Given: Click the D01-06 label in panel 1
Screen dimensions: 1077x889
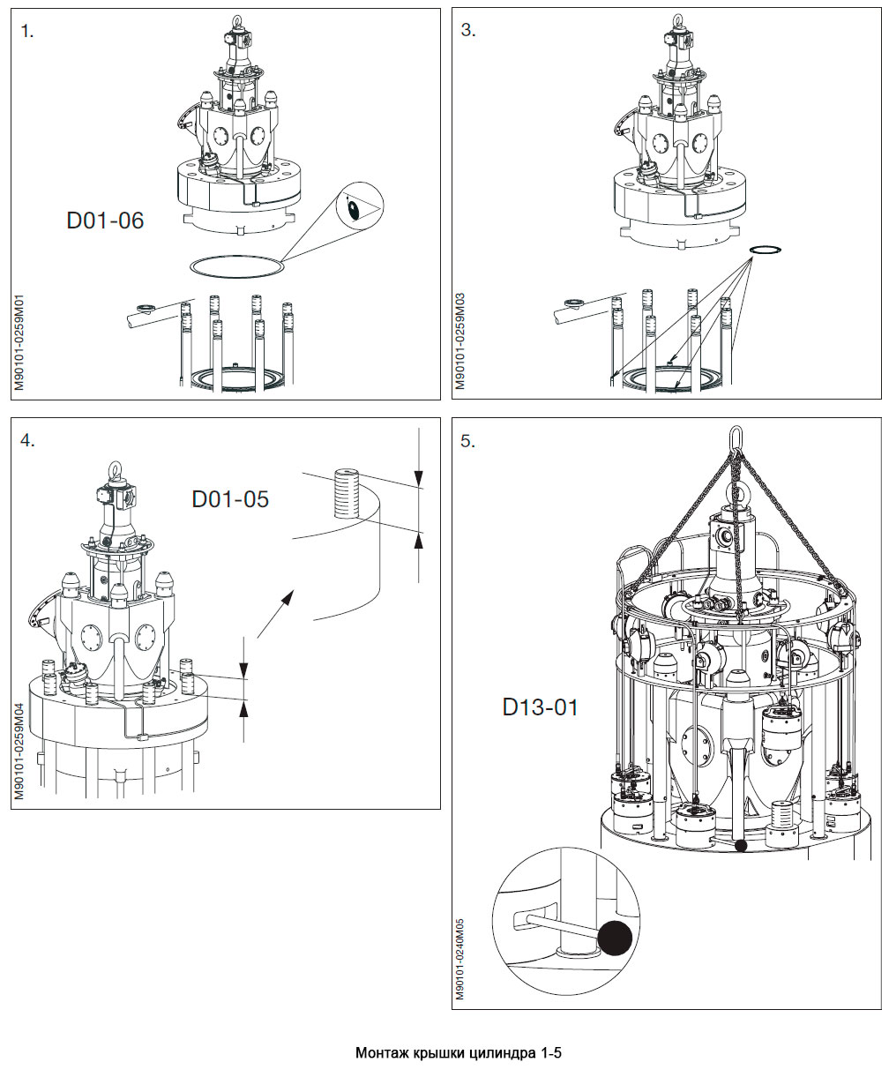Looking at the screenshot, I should (105, 221).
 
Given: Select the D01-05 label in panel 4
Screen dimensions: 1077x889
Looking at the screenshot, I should (230, 499).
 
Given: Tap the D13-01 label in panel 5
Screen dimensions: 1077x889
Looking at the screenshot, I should (541, 707).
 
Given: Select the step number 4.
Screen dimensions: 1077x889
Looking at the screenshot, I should (28, 441).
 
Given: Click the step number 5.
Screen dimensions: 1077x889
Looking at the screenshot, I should (468, 441).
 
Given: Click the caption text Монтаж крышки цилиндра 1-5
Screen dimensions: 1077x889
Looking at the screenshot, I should (458, 1053).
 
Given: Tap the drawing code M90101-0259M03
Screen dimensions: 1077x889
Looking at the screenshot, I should (460, 343).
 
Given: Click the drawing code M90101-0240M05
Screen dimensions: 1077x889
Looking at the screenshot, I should (460, 958).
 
